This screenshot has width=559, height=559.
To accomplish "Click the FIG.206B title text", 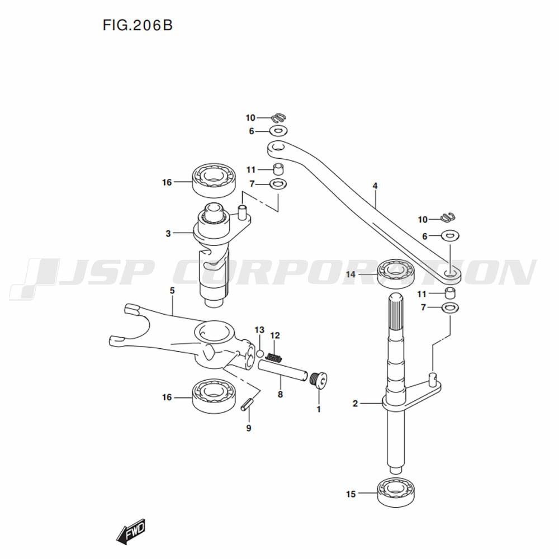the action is pos(138,26).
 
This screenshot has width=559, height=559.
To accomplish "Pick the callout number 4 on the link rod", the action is pos(375,186).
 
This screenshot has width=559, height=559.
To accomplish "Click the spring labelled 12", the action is pos(274,357).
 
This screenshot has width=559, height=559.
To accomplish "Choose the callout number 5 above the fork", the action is pos(172,291).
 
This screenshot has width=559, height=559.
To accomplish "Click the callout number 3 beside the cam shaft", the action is pos(168,234).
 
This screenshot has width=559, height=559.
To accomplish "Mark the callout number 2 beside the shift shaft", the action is pos(355,404).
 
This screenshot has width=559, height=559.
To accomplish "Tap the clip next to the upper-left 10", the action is pos(278,117).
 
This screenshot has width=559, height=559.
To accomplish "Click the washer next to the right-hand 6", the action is pos(450,236).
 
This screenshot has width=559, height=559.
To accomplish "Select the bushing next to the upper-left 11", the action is pos(278,169).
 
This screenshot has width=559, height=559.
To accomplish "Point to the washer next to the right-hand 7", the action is pos(450,307).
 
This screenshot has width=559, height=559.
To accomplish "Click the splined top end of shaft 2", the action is pos(396,311).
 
